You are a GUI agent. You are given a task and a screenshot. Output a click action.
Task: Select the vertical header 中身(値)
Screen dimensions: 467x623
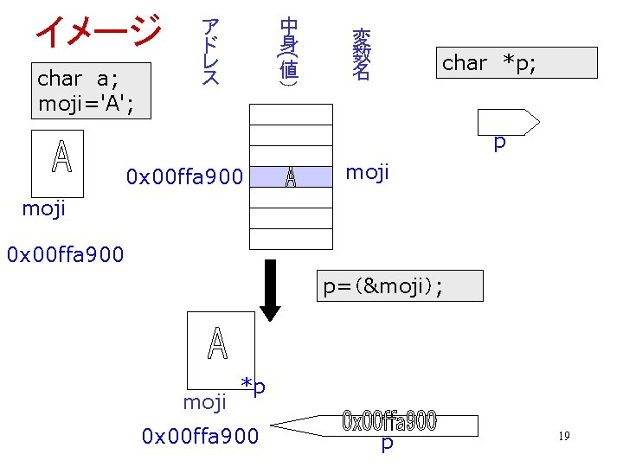point(289,52)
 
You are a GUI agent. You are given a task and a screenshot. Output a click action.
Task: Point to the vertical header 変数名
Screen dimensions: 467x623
point(361,54)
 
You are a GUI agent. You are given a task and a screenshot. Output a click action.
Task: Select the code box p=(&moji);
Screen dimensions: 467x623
point(400,286)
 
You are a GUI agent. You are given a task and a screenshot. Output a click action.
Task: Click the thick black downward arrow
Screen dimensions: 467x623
point(271,288)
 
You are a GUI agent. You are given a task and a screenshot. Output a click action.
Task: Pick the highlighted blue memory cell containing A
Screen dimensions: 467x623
point(291,177)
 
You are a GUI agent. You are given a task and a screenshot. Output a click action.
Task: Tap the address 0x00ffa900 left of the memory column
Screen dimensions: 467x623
point(184,177)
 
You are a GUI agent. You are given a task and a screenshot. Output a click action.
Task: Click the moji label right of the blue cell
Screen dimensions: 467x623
point(368,173)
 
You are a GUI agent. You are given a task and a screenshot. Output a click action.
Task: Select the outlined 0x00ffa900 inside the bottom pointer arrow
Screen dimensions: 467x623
point(389,422)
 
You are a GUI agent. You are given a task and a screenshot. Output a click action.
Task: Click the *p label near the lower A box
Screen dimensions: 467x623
point(253,386)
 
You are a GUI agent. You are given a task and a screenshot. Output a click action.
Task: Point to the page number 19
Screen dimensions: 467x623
point(563,436)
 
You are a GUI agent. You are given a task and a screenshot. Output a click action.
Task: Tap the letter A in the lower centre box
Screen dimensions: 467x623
point(218,343)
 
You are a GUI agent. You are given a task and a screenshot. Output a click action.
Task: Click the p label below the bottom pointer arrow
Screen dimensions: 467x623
point(388,444)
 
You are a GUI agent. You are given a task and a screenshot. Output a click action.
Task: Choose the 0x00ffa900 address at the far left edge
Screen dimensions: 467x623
point(65,255)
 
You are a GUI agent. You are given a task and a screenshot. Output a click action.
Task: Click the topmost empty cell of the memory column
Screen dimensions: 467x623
point(291,113)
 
